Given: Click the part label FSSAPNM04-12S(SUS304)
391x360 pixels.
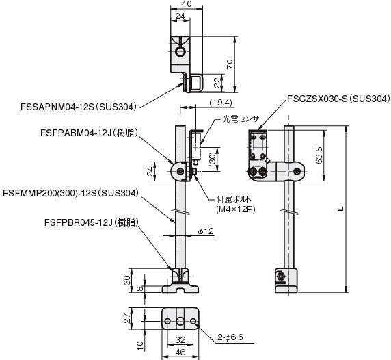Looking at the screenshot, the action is pos(79,107).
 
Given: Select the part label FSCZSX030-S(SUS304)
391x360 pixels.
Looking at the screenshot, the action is pos(338,99).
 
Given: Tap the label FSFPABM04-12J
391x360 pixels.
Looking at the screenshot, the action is pos(75,133).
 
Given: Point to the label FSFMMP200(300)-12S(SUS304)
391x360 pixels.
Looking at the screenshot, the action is pos(70,193).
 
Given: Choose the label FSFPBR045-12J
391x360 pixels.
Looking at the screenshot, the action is pos(79,222).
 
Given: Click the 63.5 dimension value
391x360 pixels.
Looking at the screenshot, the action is pos(319,155).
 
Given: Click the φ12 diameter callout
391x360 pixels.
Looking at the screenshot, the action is pos(206,231).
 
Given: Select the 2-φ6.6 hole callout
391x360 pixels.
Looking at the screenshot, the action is pos(230,337).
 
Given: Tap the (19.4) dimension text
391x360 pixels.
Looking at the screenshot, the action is pos(221,103).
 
